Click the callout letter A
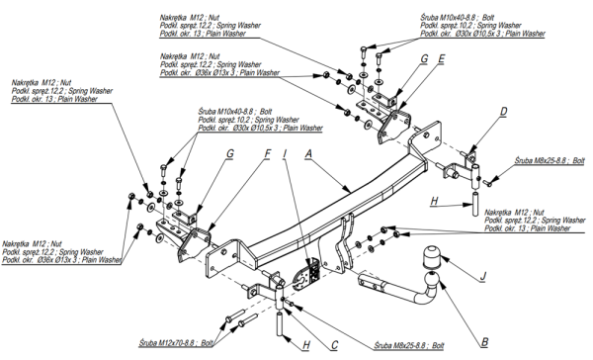pos(308,153)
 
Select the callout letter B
pos(484,342)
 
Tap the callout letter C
pos(334,345)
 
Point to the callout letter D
pos(503,112)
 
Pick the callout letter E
pos(442,59)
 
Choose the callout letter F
pos(268,153)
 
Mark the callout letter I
pos(285,153)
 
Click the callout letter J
pos(482,276)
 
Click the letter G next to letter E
pos(424,59)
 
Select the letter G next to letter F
pos(230,153)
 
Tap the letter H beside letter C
pos(306,345)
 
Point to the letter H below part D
pos(434,201)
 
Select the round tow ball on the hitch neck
pos(432,280)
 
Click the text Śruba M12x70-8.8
pos(166,343)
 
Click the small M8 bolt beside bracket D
pos(488,183)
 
